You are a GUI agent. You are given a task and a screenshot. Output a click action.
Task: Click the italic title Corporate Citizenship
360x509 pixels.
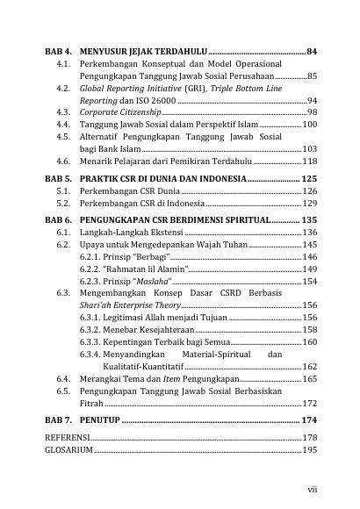click(x=107, y=113)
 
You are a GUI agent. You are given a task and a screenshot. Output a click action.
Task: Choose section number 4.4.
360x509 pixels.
click(x=61, y=125)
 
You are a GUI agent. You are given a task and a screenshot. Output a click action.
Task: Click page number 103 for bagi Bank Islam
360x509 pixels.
click(x=309, y=150)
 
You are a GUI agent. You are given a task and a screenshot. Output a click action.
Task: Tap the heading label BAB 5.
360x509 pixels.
click(x=58, y=178)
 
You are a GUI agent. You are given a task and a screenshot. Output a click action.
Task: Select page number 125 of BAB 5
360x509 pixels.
click(x=308, y=178)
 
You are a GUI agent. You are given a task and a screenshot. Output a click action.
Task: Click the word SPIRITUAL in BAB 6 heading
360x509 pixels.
click(x=247, y=219)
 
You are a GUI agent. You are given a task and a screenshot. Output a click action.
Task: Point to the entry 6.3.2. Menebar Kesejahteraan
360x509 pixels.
click(x=135, y=329)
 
